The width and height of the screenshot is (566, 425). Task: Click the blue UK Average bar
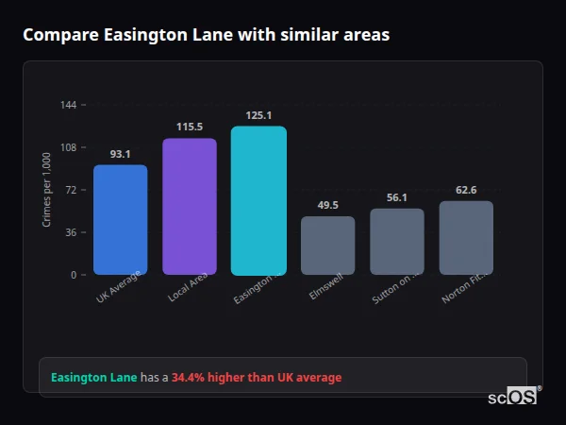(x=120, y=219)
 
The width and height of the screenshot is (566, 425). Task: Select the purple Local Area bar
(x=190, y=206)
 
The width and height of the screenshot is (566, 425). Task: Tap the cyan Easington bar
(x=258, y=200)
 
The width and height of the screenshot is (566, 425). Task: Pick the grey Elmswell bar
(x=328, y=246)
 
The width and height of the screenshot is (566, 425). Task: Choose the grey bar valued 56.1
(x=397, y=242)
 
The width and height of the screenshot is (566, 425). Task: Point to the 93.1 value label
(x=120, y=154)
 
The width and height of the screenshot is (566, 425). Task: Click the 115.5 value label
(x=190, y=127)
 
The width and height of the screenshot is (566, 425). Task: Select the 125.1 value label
(x=258, y=116)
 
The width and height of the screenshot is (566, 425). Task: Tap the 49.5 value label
(x=328, y=205)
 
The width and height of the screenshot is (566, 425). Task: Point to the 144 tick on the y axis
(x=68, y=105)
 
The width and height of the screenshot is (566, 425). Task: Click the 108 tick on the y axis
(x=68, y=147)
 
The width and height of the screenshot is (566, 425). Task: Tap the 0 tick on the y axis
(x=73, y=275)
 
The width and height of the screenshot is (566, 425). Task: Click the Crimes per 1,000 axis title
(x=47, y=189)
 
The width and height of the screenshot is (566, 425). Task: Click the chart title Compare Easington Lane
(x=206, y=35)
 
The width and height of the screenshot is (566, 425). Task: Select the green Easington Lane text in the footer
(x=93, y=378)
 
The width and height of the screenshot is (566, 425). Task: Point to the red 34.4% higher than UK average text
(x=257, y=378)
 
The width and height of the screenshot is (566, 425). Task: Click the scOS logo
(x=513, y=397)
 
